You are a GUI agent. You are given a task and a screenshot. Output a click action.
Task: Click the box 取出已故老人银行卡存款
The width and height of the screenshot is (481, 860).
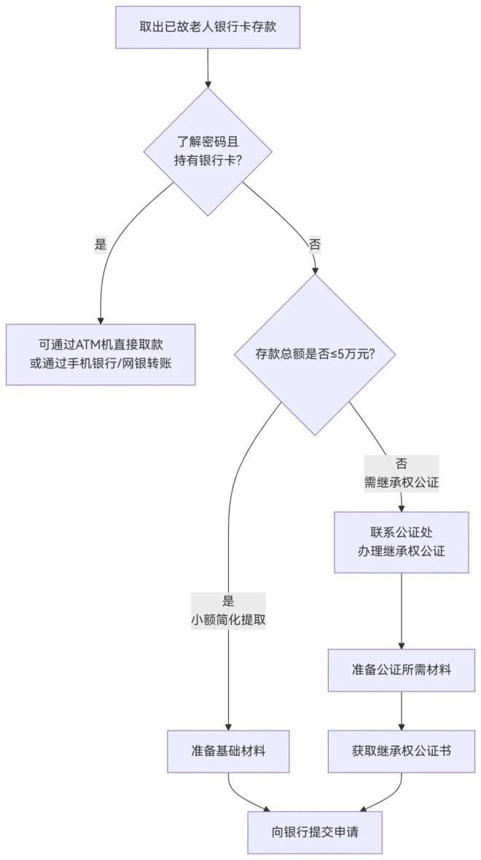208,28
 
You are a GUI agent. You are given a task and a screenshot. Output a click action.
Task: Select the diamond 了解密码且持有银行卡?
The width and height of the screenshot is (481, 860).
208,152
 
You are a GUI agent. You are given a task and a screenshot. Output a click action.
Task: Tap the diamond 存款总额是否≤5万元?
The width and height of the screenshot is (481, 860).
315,355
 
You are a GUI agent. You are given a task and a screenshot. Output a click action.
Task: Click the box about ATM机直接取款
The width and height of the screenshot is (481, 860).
101,355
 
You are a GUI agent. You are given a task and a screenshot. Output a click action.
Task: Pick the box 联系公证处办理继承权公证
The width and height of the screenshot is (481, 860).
401,542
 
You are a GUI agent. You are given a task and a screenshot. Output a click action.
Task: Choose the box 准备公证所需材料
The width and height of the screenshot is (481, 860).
401,669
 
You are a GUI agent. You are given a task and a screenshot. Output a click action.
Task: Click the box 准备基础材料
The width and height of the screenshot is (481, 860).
228,751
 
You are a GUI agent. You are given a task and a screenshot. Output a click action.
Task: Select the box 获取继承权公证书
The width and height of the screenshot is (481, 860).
401,751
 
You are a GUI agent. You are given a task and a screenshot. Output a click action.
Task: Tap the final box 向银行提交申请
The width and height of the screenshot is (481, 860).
315,832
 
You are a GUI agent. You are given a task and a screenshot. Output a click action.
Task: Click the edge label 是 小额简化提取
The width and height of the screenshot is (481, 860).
228,611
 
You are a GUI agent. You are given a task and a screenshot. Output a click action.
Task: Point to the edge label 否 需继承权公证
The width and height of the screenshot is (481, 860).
401,473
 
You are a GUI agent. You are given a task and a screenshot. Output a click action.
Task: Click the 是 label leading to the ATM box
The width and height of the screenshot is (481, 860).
101,245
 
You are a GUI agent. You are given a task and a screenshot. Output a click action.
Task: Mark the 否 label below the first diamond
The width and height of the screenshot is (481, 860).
315,245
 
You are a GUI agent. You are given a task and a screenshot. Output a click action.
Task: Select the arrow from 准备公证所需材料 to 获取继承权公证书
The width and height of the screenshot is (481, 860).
401,710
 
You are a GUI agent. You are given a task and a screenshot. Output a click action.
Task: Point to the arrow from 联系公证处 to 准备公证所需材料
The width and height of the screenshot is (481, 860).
401,609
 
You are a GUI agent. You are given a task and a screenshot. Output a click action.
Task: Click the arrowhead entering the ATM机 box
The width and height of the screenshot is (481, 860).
101,319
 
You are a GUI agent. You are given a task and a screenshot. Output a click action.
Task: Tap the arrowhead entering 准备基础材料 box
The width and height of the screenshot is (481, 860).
228,726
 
